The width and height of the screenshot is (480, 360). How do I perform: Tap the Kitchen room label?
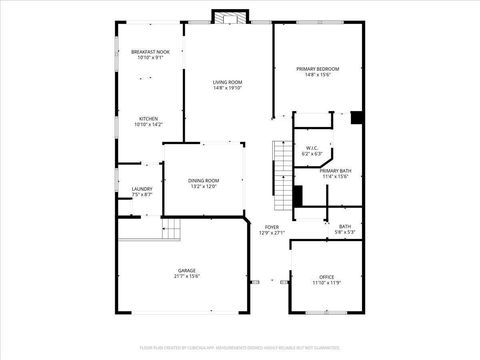point(148,119)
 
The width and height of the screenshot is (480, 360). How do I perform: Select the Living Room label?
point(227,82)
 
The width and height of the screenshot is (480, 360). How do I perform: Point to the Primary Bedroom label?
point(319,68)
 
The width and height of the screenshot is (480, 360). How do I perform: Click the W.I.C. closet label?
point(312,148)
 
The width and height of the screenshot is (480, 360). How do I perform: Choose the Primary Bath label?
point(335,171)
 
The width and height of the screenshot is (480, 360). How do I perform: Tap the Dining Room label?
point(203,180)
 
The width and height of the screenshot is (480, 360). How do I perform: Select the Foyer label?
point(271,227)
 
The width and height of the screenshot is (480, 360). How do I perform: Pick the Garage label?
point(187,270)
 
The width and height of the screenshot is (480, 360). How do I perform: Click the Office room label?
point(326,277)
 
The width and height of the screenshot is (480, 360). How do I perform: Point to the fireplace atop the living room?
point(228,17)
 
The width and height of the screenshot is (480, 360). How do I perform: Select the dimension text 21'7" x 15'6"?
point(187,276)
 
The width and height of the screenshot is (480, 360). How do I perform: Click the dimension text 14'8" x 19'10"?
point(227,88)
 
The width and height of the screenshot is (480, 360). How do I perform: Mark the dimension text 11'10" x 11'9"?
point(326,283)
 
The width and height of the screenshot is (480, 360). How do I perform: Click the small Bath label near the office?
point(345,226)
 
